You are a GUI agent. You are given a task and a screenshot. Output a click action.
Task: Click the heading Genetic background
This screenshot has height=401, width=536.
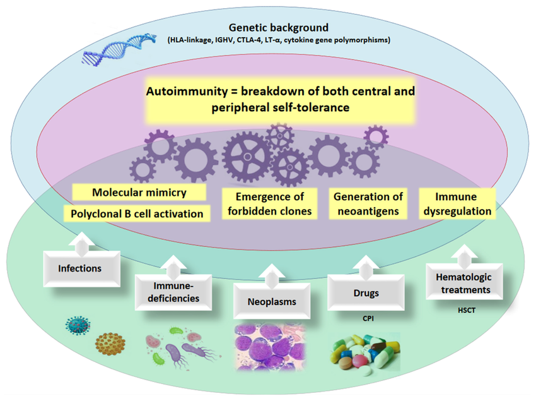tap(279, 28)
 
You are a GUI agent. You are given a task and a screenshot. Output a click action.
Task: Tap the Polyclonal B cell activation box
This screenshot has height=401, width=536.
tap(137, 213)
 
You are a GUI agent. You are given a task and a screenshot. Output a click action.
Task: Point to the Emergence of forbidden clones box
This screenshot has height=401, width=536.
tap(269, 203)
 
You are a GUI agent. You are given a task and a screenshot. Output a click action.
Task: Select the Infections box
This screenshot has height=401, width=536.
tap(79, 268)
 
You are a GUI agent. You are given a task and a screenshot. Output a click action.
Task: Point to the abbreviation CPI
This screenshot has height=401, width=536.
tap(368, 319)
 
